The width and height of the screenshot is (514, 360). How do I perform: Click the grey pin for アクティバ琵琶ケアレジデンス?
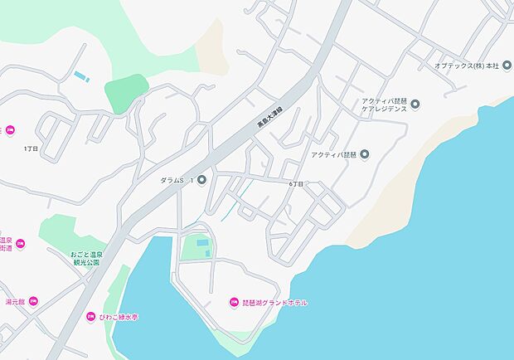pyautogui.click(x=416, y=104)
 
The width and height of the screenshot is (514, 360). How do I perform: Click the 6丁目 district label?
pyautogui.click(x=297, y=182)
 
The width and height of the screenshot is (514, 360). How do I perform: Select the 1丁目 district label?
pyautogui.click(x=32, y=148)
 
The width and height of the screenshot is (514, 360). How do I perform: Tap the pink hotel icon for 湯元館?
pyautogui.click(x=34, y=302)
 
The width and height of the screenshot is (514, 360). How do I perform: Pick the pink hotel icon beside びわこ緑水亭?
pyautogui.click(x=92, y=316)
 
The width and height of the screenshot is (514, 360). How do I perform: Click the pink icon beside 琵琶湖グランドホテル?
pyautogui.click(x=234, y=302)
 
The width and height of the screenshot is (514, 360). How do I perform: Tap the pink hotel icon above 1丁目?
pyautogui.click(x=11, y=129)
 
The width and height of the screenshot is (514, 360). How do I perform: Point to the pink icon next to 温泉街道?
pyautogui.click(x=21, y=243)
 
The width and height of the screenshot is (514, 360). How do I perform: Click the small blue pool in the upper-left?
pyautogui.click(x=81, y=77)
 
